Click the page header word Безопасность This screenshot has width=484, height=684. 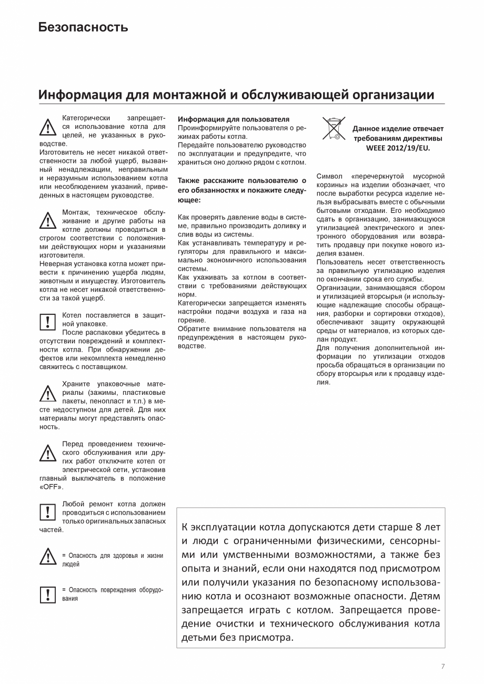pyautogui.click(x=83, y=27)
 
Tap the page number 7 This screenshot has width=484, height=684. pyautogui.click(x=442, y=666)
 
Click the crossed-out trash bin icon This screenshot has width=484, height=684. pyautogui.click(x=334, y=129)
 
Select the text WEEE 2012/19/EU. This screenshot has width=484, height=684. pyautogui.click(x=398, y=148)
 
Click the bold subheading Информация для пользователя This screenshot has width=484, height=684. pyautogui.click(x=234, y=119)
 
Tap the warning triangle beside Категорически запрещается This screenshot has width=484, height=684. pyautogui.click(x=48, y=128)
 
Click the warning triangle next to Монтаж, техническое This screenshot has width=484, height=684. pyautogui.click(x=48, y=220)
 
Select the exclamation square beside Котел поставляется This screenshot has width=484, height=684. pyautogui.click(x=48, y=320)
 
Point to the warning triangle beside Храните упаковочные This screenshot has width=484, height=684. pyautogui.click(x=48, y=393)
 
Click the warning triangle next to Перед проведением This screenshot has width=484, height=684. pyautogui.click(x=48, y=452)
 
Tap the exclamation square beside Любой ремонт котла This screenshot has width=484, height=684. pyautogui.click(x=48, y=511)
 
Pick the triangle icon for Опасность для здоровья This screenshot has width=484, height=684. pyautogui.click(x=48, y=556)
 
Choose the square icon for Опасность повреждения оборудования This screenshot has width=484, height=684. pyautogui.click(x=48, y=594)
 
